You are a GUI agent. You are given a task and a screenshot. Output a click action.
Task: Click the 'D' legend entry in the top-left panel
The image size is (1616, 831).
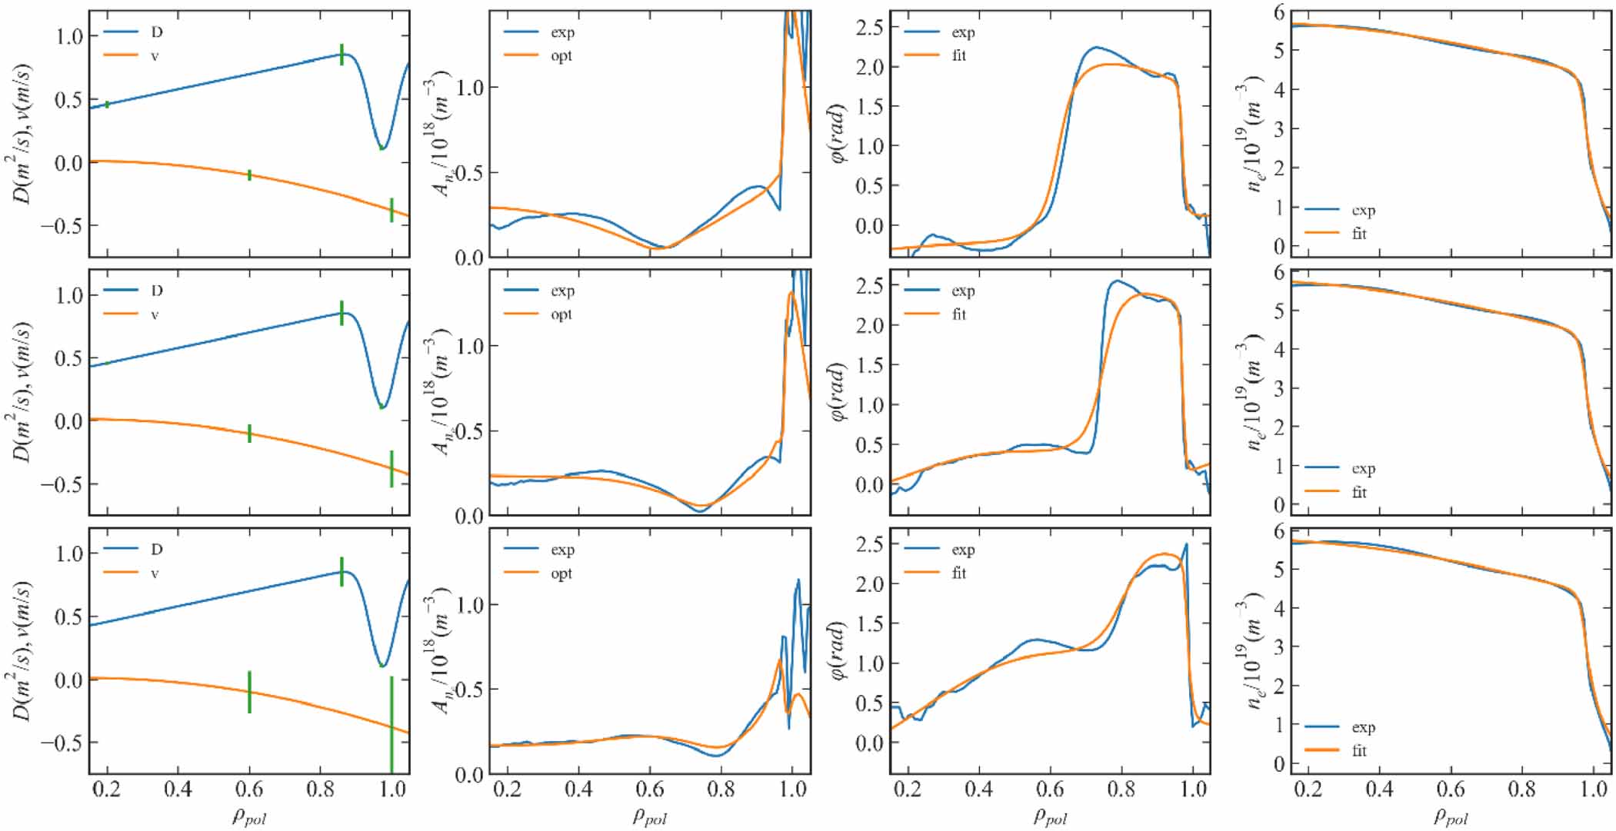click(x=156, y=32)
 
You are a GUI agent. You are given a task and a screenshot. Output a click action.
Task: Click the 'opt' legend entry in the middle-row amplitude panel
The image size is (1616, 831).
click(x=561, y=314)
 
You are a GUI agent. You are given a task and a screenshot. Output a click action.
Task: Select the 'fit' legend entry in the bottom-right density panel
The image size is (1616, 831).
click(x=1359, y=750)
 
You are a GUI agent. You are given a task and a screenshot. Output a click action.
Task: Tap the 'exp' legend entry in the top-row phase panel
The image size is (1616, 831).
click(x=963, y=32)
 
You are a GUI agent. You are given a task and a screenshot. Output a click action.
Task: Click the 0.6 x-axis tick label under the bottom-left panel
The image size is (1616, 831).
click(x=249, y=789)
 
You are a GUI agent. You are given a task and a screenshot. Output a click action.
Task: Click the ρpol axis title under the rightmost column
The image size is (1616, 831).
click(x=1451, y=816)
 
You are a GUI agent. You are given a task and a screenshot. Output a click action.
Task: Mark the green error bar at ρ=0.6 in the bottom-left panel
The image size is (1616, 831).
click(x=249, y=692)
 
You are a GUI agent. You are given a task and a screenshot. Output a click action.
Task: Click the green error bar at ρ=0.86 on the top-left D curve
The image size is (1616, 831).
click(x=342, y=55)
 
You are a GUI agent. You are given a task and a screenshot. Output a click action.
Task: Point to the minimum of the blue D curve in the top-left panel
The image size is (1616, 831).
click(x=382, y=148)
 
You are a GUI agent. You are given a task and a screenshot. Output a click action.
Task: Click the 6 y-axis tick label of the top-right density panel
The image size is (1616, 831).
click(x=1278, y=12)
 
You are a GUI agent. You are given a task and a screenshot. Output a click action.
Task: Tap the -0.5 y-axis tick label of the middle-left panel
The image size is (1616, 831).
click(x=62, y=484)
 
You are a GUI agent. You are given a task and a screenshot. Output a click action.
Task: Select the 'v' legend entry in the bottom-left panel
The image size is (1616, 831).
click(x=155, y=573)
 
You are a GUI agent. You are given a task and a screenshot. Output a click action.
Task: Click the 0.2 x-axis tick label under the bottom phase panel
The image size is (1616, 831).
click(x=908, y=789)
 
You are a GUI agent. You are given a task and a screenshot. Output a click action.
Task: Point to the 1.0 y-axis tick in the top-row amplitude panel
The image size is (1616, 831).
click(x=470, y=88)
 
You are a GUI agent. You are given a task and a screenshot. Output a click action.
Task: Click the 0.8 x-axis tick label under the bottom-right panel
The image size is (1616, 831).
click(x=1522, y=789)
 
